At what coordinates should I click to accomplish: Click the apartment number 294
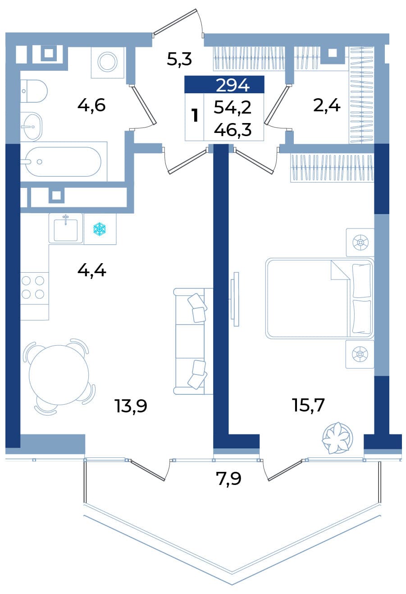(233, 85)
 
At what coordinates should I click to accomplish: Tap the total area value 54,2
(233, 108)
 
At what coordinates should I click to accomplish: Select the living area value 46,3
(233, 130)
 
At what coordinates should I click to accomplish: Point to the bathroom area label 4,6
(91, 105)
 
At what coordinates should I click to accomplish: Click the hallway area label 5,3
(179, 59)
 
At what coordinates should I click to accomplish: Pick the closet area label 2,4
(327, 106)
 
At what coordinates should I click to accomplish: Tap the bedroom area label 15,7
(308, 405)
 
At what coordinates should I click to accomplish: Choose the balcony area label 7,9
(229, 479)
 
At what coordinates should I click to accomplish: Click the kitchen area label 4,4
(92, 270)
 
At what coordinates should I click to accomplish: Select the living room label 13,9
(131, 406)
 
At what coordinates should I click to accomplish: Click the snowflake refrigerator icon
(100, 229)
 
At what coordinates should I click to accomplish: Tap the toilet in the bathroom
(34, 91)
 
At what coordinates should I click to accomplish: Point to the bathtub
(64, 162)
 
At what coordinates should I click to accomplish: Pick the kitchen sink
(66, 228)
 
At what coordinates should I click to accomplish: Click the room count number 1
(196, 116)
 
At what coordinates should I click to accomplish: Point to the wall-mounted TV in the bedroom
(235, 299)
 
